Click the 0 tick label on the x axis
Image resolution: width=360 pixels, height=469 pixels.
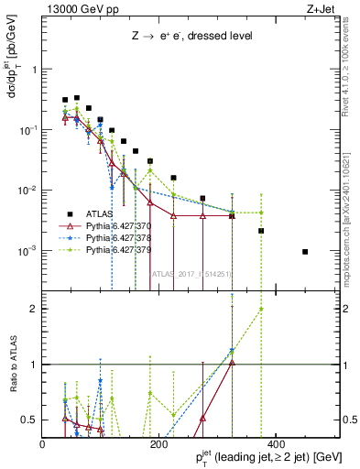(43, 444)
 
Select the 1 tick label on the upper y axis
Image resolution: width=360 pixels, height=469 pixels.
(36, 70)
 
